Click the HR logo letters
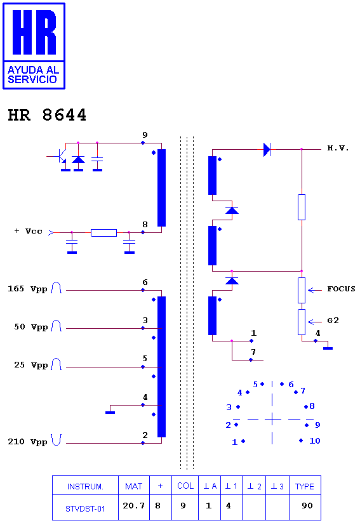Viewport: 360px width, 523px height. click(x=34, y=32)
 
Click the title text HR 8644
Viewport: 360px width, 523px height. click(x=47, y=115)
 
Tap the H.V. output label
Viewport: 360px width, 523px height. click(x=338, y=148)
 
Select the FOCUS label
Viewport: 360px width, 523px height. click(x=341, y=289)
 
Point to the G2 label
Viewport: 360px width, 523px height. click(x=333, y=321)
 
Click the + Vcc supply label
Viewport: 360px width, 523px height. click(x=29, y=231)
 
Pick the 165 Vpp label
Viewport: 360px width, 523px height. click(x=27, y=289)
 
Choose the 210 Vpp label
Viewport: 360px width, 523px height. click(x=27, y=442)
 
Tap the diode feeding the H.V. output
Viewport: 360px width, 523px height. click(x=267, y=149)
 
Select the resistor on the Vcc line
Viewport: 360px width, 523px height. click(x=103, y=233)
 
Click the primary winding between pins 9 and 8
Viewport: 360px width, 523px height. click(x=161, y=188)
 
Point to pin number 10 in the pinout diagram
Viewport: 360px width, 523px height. click(x=315, y=441)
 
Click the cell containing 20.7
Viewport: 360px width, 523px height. click(x=133, y=506)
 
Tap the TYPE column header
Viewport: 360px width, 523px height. click(x=304, y=487)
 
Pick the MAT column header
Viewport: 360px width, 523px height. click(x=133, y=487)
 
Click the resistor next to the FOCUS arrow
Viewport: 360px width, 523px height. click(x=302, y=291)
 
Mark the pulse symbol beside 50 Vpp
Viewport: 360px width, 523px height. click(x=56, y=326)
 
